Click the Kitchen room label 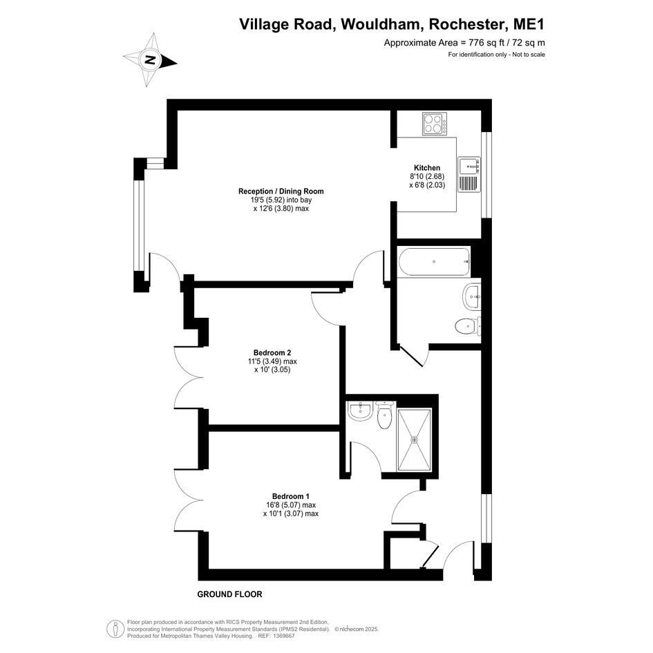(x=427, y=168)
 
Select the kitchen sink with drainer (x=469, y=175)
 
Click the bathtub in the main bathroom (x=435, y=261)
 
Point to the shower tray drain (x=415, y=439)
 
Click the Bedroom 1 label (x=291, y=496)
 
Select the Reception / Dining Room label (x=281, y=191)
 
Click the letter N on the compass (x=151, y=59)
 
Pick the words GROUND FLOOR (x=229, y=594)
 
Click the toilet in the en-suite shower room (x=384, y=415)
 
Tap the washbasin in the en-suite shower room (x=360, y=411)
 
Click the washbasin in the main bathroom (x=472, y=296)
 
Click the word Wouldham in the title (x=382, y=24)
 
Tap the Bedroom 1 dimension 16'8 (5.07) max (x=291, y=505)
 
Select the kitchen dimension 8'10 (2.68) (x=427, y=177)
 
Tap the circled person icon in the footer (x=115, y=628)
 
